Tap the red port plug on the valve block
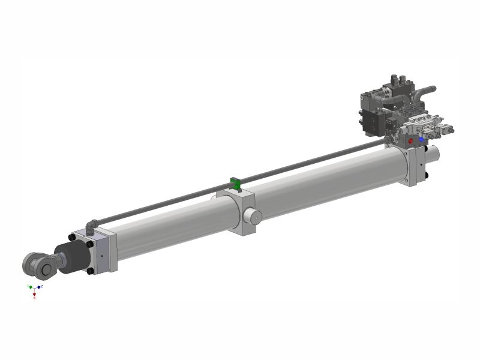410,142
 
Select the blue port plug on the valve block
422,139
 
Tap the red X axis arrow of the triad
35,296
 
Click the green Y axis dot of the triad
29,286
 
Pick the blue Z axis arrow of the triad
41,287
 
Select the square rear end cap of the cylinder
415,165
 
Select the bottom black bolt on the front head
90,271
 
